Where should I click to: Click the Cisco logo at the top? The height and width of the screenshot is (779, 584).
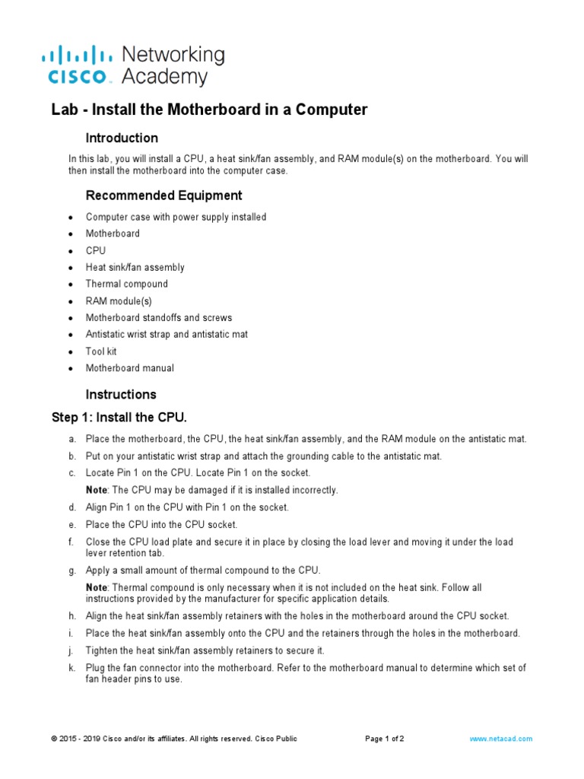(x=76, y=64)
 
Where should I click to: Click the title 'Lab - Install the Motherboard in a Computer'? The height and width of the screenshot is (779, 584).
(x=209, y=110)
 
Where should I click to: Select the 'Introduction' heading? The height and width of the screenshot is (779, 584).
(x=122, y=138)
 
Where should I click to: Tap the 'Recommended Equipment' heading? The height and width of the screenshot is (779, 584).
(x=163, y=196)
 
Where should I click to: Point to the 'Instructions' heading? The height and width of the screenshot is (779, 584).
(x=121, y=394)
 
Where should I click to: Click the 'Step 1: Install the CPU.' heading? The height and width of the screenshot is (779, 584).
(x=119, y=418)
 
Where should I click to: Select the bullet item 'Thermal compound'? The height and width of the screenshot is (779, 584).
(x=127, y=284)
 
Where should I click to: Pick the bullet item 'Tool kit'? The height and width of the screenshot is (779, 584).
(x=101, y=351)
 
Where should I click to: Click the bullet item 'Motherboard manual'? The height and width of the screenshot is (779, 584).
(x=129, y=368)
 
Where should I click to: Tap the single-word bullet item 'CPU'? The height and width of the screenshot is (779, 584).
(x=96, y=250)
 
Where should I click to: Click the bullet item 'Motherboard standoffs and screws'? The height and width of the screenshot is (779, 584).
(x=159, y=317)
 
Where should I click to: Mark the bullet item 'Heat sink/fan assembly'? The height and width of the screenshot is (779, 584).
(x=135, y=267)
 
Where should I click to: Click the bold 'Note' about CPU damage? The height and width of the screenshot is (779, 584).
(x=96, y=490)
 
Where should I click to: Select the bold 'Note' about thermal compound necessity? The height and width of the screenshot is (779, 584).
(x=96, y=588)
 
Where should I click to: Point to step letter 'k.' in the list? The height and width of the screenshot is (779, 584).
(x=71, y=667)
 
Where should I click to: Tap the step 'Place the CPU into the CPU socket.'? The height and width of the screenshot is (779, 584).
(x=161, y=524)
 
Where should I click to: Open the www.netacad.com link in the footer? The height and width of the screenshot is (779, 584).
(x=501, y=739)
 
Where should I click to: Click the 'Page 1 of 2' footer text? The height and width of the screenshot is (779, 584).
(x=385, y=739)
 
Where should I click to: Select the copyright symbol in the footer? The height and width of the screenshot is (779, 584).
(x=54, y=739)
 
